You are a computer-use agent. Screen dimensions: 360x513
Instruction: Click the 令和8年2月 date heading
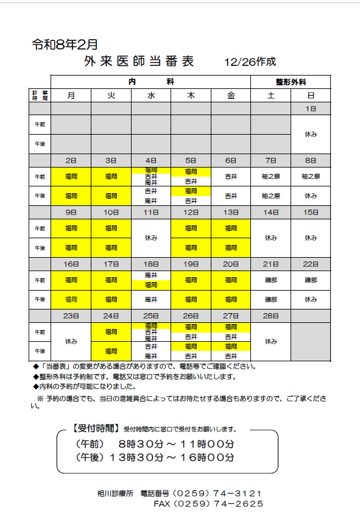click(65, 44)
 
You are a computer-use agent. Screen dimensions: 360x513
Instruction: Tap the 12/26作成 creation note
click(250, 62)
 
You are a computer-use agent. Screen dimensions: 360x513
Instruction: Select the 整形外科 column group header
click(291, 82)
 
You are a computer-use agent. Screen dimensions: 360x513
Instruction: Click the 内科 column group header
click(151, 82)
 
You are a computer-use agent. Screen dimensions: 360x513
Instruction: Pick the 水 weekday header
click(151, 96)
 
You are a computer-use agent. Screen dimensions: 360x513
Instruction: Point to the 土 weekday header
click(270, 96)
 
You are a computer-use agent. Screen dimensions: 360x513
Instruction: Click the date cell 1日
click(311, 108)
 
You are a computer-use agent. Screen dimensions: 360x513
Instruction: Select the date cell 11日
click(151, 212)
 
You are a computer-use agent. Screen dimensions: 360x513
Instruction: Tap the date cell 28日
click(270, 316)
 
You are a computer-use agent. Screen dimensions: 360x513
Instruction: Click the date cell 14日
click(270, 212)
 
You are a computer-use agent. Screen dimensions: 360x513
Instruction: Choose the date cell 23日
click(71, 316)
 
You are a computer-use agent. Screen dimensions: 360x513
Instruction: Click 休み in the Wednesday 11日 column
click(151, 238)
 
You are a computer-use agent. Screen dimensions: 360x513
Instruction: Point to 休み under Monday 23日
click(71, 342)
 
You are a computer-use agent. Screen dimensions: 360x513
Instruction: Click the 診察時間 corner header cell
click(41, 96)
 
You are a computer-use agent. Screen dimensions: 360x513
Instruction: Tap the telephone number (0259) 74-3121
click(218, 493)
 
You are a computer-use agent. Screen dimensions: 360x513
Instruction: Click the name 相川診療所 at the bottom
click(115, 493)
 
